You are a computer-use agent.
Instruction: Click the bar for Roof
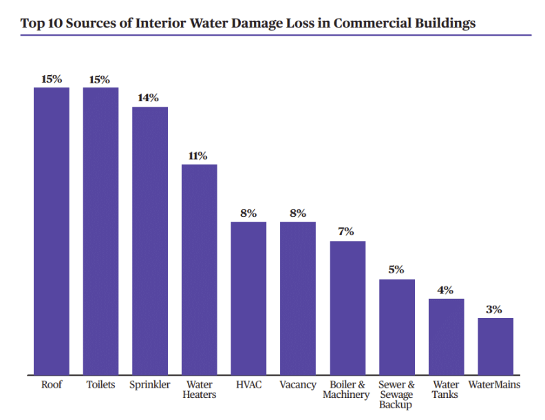pyautogui.click(x=52, y=231)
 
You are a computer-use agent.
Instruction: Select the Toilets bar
pyautogui.click(x=100, y=231)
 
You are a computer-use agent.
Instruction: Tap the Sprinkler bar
pyautogui.click(x=150, y=241)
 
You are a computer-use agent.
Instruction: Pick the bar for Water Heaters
pyautogui.click(x=199, y=269)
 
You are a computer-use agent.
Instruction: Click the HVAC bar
pyautogui.click(x=248, y=298)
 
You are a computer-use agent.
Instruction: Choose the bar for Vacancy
pyautogui.click(x=298, y=298)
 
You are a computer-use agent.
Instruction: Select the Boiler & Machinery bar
pyautogui.click(x=348, y=308)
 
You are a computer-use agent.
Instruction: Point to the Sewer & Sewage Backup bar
pyautogui.click(x=397, y=327)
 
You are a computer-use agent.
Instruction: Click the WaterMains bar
pyautogui.click(x=495, y=346)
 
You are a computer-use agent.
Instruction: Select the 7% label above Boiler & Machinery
pyautogui.click(x=346, y=232)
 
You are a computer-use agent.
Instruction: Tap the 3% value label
pyautogui.click(x=494, y=310)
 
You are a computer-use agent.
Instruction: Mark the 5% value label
pyautogui.click(x=396, y=270)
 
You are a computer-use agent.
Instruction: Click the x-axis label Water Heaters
pyautogui.click(x=200, y=390)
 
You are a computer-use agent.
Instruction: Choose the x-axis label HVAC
pyautogui.click(x=248, y=385)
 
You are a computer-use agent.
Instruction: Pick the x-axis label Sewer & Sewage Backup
pyautogui.click(x=397, y=395)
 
